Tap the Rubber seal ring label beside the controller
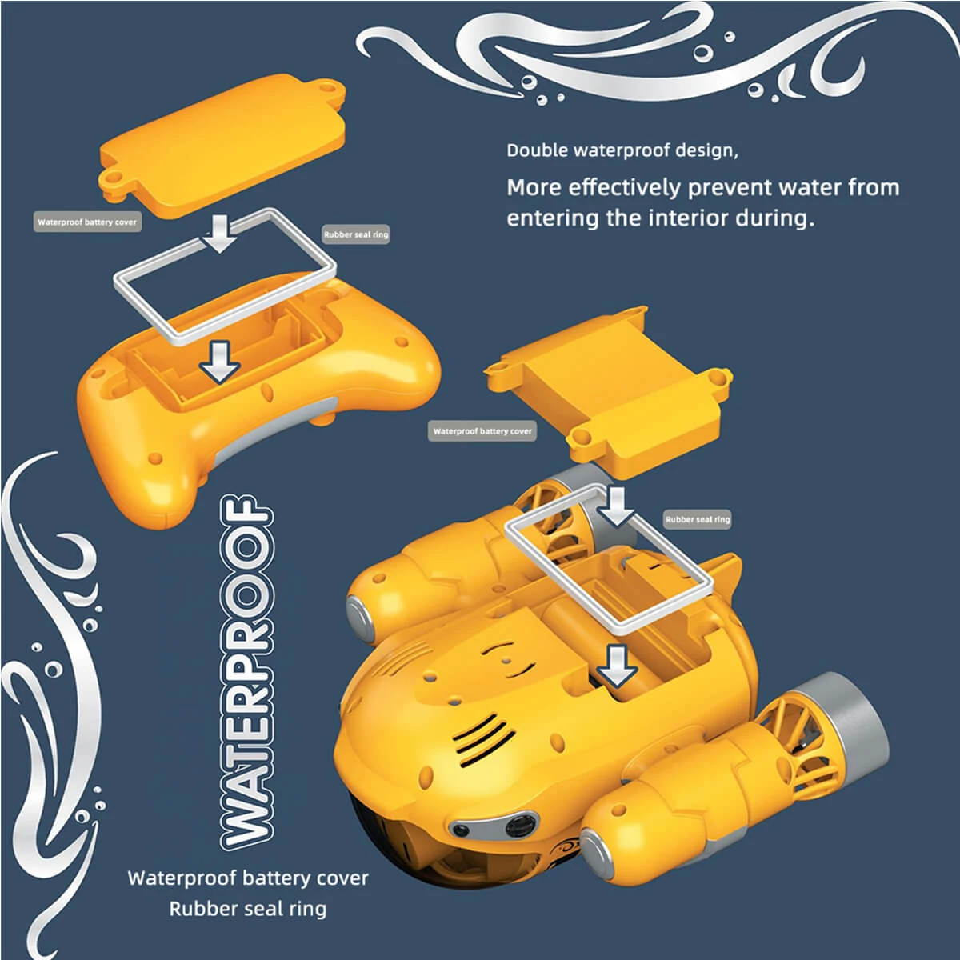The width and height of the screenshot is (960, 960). (356, 234)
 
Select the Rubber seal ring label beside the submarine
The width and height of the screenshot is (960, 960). (698, 519)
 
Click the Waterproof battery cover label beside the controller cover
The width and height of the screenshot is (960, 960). (87, 222)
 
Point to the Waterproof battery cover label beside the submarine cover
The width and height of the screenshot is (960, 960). (482, 431)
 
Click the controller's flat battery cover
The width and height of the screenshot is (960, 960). (222, 146)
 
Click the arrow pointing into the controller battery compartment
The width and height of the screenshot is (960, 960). (220, 362)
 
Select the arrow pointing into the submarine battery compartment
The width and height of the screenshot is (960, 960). (618, 666)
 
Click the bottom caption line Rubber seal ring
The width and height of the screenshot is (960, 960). (248, 909)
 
